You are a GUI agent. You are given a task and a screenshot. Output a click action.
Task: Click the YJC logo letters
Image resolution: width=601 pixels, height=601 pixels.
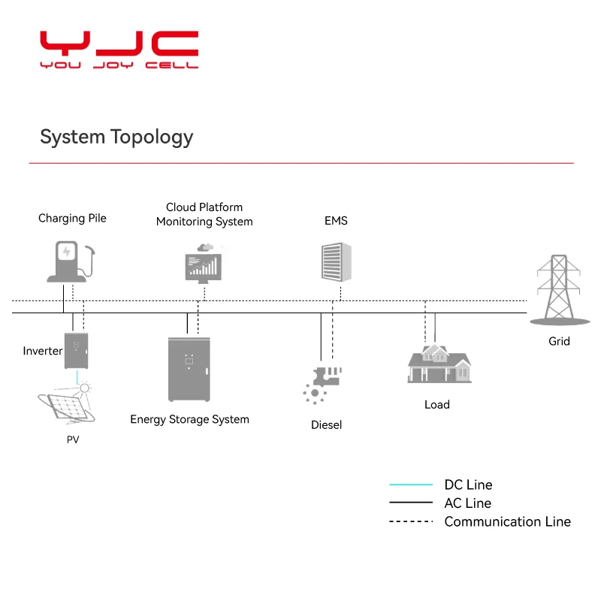click(119, 45)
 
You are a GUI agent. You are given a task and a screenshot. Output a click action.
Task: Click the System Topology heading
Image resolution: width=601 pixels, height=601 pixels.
click(116, 137)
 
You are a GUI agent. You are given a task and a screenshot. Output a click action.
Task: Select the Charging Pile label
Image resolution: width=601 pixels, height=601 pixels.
click(72, 218)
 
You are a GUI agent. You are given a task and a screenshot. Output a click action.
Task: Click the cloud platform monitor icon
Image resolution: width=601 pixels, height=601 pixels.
click(203, 263)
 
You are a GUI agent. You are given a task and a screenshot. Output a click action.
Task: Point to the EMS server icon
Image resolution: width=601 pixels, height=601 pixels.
click(336, 262)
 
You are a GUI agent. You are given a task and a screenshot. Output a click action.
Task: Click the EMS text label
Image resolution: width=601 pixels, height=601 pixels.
click(336, 221)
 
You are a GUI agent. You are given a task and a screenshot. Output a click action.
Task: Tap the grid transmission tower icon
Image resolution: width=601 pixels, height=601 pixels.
click(559, 289)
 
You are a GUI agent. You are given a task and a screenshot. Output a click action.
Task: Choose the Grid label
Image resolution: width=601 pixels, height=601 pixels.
click(559, 341)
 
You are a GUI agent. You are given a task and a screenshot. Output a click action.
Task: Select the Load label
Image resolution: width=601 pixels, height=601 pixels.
click(436, 404)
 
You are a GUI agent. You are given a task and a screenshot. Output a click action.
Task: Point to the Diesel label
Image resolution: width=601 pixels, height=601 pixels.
click(326, 424)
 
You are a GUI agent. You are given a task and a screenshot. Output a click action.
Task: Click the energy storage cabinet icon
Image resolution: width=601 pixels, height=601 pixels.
click(189, 369)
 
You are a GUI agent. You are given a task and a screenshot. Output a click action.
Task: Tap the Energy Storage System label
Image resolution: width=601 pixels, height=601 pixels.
click(189, 419)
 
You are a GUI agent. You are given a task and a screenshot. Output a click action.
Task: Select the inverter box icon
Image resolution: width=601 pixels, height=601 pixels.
click(76, 351)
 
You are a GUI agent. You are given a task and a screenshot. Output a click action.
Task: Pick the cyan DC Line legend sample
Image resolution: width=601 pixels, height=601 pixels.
click(410, 485)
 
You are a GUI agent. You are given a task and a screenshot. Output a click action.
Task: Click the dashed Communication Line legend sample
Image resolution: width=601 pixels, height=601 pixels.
click(410, 521)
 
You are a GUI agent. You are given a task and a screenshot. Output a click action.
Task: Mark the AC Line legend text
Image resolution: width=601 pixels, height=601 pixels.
click(467, 503)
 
